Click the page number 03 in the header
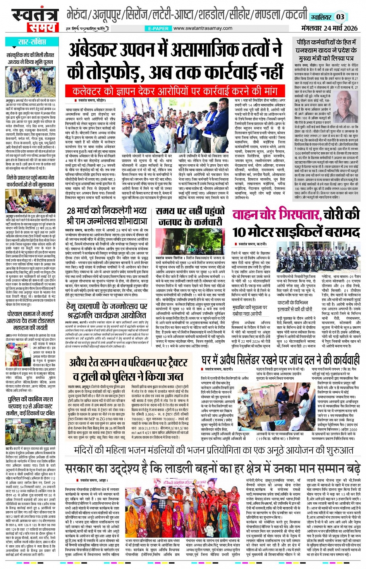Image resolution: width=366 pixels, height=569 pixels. pyautogui.click(x=340, y=17)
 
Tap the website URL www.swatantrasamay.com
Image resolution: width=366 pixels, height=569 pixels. pyautogui.click(x=203, y=28)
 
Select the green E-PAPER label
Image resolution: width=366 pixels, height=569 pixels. pyautogui.click(x=158, y=28)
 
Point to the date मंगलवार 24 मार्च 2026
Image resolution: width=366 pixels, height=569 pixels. pyautogui.click(x=329, y=28)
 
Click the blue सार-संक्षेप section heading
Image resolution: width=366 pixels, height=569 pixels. pyautogui.click(x=32, y=42)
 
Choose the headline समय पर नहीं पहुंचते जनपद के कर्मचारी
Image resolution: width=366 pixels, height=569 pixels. pyautogui.click(x=190, y=216)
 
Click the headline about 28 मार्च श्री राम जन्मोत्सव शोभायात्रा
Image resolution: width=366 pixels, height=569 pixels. pyautogui.click(x=107, y=216)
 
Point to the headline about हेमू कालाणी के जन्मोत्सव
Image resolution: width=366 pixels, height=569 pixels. pyautogui.click(x=107, y=310)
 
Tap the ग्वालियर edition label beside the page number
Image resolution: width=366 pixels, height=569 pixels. pyautogui.click(x=321, y=17)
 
